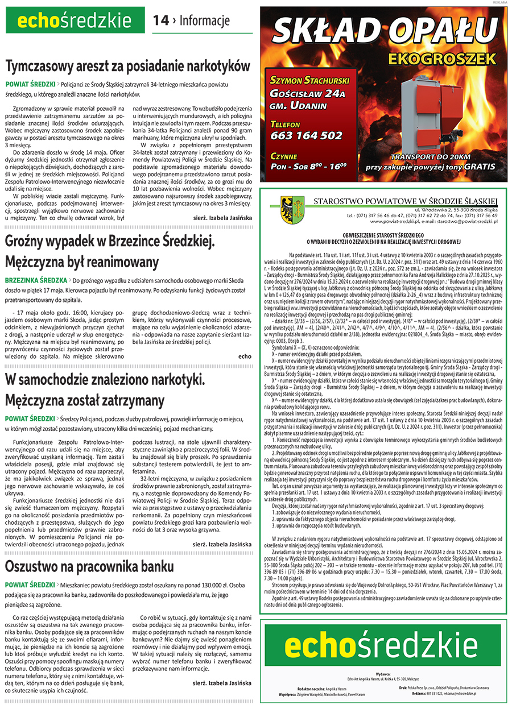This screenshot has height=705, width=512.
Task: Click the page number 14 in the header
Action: pos(160,20)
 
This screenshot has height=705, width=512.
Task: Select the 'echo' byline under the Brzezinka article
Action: pos(245,356)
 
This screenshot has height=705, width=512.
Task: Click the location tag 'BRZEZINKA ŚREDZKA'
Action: pos(36,281)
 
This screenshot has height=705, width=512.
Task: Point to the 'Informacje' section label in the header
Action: pos(204,20)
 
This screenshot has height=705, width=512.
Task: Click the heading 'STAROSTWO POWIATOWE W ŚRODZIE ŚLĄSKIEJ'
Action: pos(405,200)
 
